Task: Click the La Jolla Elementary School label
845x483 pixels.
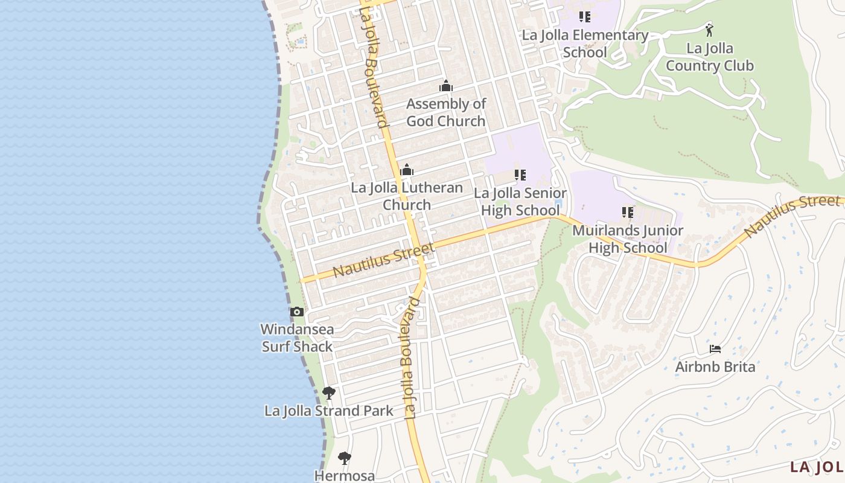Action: point(585,43)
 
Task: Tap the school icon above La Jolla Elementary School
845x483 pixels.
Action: point(584,17)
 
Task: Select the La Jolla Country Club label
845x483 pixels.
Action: point(709,57)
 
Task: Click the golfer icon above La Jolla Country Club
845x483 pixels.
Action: point(709,30)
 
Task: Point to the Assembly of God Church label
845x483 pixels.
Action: point(445,112)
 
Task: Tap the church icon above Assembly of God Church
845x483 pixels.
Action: point(446,86)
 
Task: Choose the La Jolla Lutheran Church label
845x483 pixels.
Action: point(407,196)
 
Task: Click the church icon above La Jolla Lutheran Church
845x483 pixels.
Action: point(407,170)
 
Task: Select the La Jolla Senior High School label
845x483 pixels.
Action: point(520,202)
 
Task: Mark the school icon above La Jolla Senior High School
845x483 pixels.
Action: point(520,175)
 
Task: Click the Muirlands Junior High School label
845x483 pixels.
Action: point(628,239)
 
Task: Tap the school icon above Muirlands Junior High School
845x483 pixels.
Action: point(628,213)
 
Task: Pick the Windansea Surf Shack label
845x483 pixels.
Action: point(297,338)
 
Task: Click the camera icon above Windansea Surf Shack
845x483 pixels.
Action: point(296,312)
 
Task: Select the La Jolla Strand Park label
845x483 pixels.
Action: point(329,411)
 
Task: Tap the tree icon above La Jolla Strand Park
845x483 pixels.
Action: point(328,393)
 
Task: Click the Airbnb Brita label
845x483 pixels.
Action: point(715,366)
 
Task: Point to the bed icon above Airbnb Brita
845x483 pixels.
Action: point(715,349)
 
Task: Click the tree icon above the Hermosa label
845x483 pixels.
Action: point(345,458)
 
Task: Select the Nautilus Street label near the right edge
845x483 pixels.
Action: point(791,216)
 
